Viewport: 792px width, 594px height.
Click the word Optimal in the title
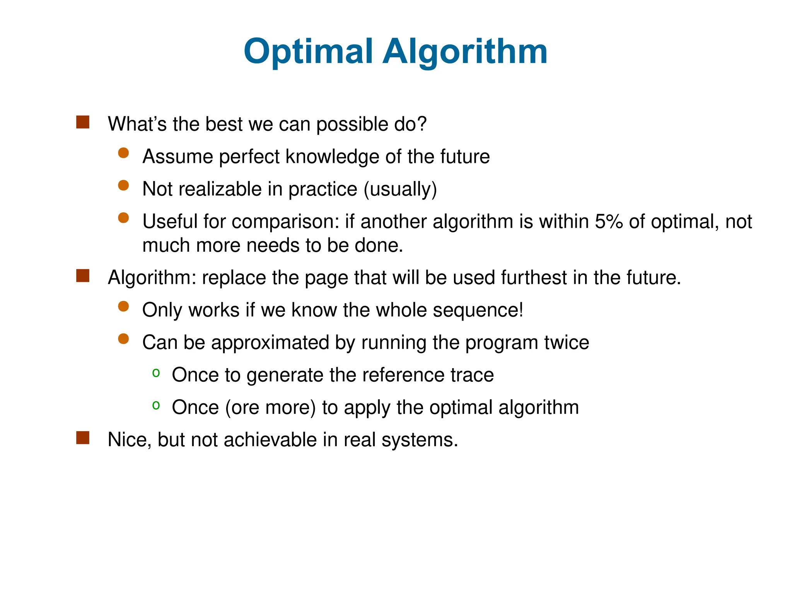(x=308, y=52)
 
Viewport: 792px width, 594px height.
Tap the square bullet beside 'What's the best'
(x=83, y=122)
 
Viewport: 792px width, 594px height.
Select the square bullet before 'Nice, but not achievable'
(x=83, y=438)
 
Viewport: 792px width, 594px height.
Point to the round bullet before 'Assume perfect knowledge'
(x=123, y=153)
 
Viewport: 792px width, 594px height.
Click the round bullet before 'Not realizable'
(x=123, y=186)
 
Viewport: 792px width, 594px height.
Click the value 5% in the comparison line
(x=608, y=222)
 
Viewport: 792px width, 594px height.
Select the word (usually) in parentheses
(x=400, y=189)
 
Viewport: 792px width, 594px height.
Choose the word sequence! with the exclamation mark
(x=478, y=310)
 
